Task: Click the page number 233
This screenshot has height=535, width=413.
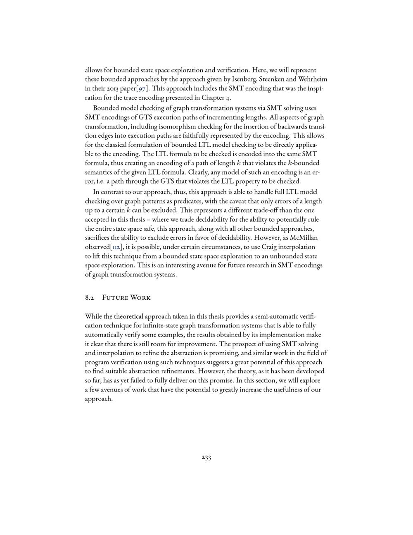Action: tap(206, 457)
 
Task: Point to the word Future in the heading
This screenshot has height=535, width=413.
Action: tap(114, 298)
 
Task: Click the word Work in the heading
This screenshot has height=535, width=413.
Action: tap(140, 298)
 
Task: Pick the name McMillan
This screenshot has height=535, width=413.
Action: tap(304, 238)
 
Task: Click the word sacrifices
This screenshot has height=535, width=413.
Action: tap(99, 238)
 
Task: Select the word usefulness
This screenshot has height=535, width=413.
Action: tap(287, 390)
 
